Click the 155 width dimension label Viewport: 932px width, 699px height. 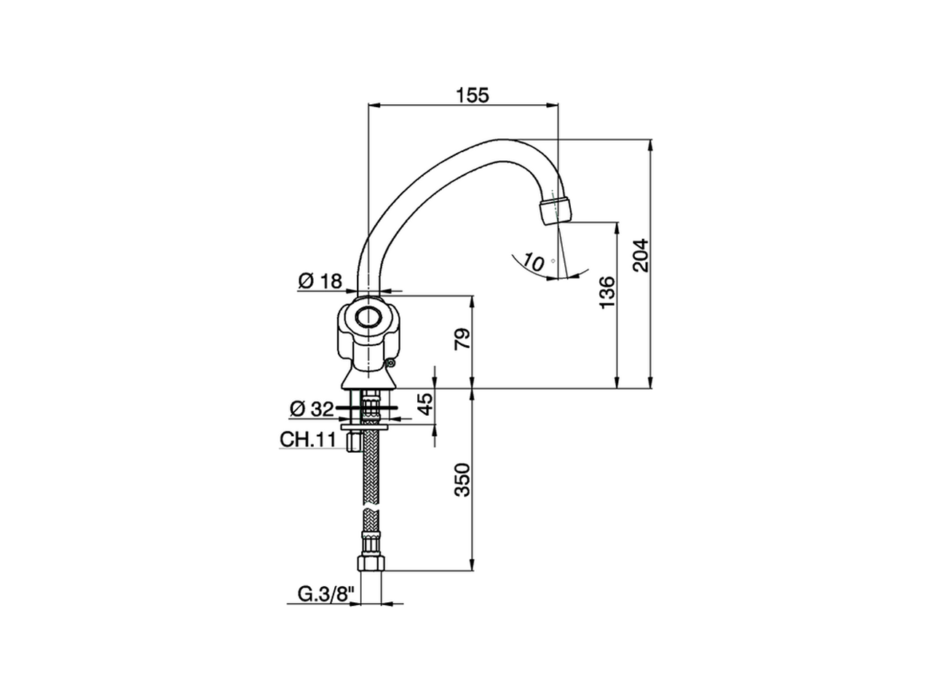pyautogui.click(x=473, y=95)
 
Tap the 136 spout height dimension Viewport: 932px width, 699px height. pyautogui.click(x=607, y=292)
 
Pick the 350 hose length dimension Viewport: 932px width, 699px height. pyautogui.click(x=462, y=479)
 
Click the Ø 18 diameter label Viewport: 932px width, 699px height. pyautogui.click(x=320, y=280)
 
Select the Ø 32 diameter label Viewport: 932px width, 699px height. pyautogui.click(x=312, y=409)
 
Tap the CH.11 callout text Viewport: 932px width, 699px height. pyautogui.click(x=307, y=439)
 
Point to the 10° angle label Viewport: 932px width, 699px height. pyautogui.click(x=534, y=263)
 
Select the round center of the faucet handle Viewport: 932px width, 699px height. pyautogui.click(x=368, y=317)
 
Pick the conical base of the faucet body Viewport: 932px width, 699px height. pyautogui.click(x=370, y=378)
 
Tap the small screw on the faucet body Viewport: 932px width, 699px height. pyautogui.click(x=392, y=361)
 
